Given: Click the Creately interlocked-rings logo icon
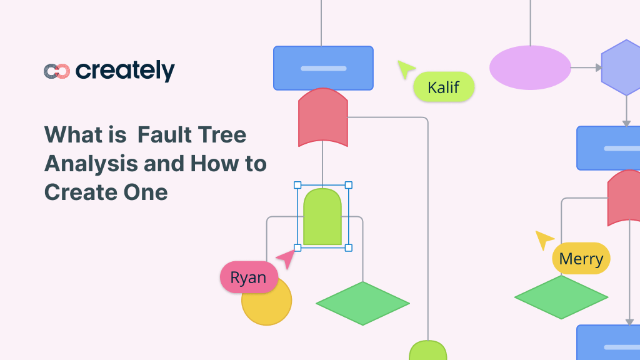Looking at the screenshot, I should click(57, 71).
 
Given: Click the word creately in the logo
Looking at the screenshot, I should click(125, 71).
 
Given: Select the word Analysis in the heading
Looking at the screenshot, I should click(91, 163).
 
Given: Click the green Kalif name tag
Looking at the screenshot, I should click(444, 87).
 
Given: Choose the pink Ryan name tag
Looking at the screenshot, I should click(248, 277).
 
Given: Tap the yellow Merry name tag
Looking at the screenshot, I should click(581, 259).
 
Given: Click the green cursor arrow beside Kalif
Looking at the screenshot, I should click(405, 69).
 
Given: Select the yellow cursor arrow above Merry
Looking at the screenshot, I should click(544, 239).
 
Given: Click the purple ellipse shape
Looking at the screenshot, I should click(530, 67).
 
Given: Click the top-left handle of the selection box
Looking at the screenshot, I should click(297, 185).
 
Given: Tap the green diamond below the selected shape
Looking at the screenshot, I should click(362, 303).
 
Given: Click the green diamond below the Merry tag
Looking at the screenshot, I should click(561, 297).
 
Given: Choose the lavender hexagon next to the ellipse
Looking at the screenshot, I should click(622, 67).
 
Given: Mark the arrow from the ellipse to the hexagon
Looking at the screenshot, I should click(586, 67).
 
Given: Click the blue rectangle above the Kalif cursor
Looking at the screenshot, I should click(323, 68).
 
